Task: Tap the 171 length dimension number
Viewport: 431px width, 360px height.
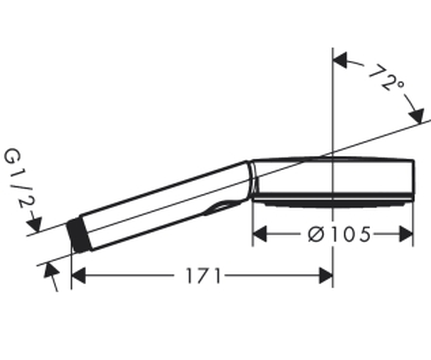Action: pyautogui.click(x=204, y=276)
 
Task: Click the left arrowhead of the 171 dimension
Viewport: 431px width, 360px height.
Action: pyautogui.click(x=78, y=276)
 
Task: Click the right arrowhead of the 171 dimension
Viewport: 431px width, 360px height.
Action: pyautogui.click(x=326, y=276)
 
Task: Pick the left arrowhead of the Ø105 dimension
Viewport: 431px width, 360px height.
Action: pyautogui.click(x=259, y=234)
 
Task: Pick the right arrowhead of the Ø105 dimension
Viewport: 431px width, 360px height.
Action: pyautogui.click(x=406, y=234)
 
